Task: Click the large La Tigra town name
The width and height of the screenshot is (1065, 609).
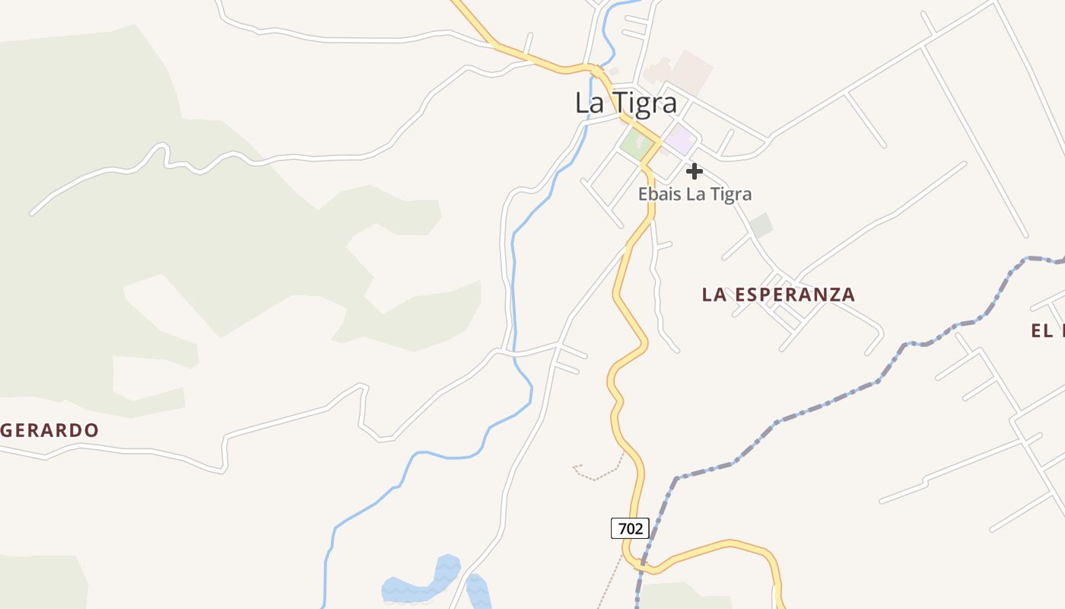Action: click(625, 103)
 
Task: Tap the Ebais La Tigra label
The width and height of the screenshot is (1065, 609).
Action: click(695, 194)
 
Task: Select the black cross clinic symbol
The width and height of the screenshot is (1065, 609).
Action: click(694, 171)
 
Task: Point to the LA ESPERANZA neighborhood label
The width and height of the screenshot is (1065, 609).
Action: click(778, 295)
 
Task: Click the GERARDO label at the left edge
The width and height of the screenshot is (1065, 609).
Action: click(50, 431)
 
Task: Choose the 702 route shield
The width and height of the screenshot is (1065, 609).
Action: click(630, 528)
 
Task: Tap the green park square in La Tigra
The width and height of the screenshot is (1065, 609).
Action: click(634, 142)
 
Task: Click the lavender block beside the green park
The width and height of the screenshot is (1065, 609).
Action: click(679, 140)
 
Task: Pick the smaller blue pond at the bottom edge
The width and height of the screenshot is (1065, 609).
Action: click(478, 594)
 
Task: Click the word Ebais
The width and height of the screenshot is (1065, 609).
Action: click(660, 194)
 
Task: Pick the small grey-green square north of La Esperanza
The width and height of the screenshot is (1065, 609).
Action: click(761, 225)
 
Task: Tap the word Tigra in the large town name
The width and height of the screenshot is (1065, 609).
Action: click(646, 103)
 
